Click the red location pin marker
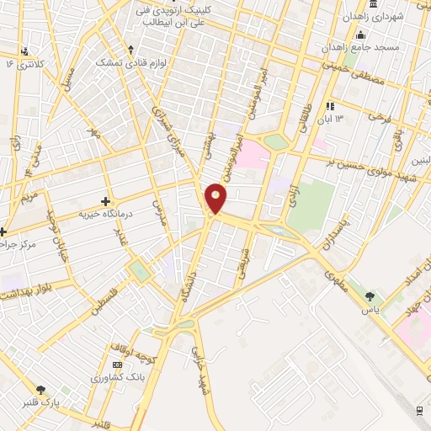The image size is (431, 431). [x=216, y=197]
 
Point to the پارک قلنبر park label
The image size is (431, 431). [x=41, y=402]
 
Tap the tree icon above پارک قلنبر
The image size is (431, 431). [x=41, y=390]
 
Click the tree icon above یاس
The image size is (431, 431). [x=370, y=295]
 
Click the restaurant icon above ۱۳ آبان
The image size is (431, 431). [x=330, y=107]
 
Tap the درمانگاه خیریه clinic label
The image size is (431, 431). [x=107, y=214]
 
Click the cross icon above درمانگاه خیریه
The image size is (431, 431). [x=105, y=201]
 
